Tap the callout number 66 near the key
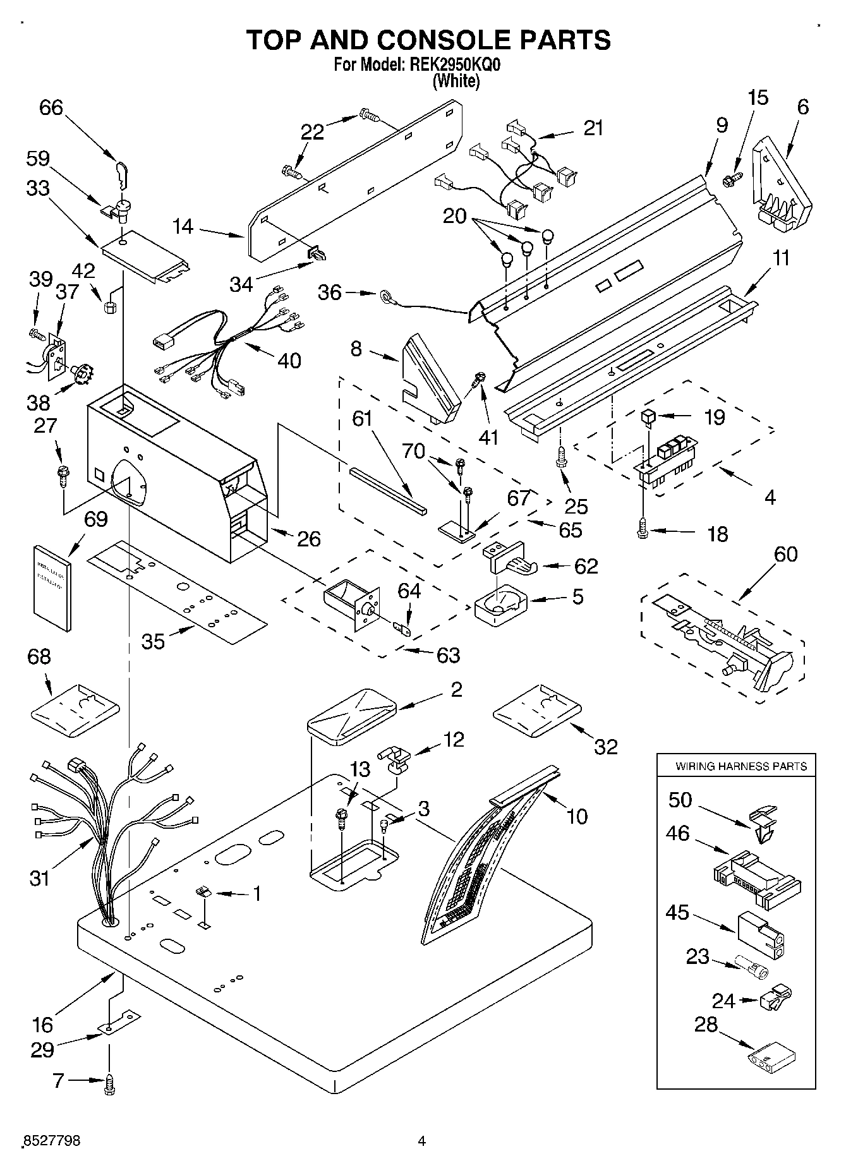[51, 107]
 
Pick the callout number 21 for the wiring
[593, 128]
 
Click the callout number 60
[785, 554]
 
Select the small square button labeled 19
[648, 416]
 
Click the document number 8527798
[52, 1140]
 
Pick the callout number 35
[153, 641]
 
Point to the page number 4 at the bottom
[422, 1141]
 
